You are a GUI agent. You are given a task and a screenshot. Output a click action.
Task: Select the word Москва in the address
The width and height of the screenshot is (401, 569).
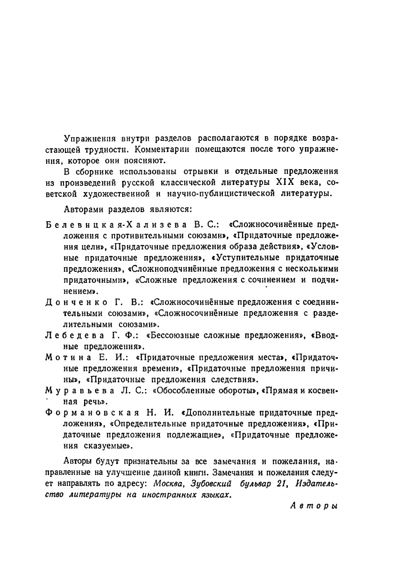(167, 484)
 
